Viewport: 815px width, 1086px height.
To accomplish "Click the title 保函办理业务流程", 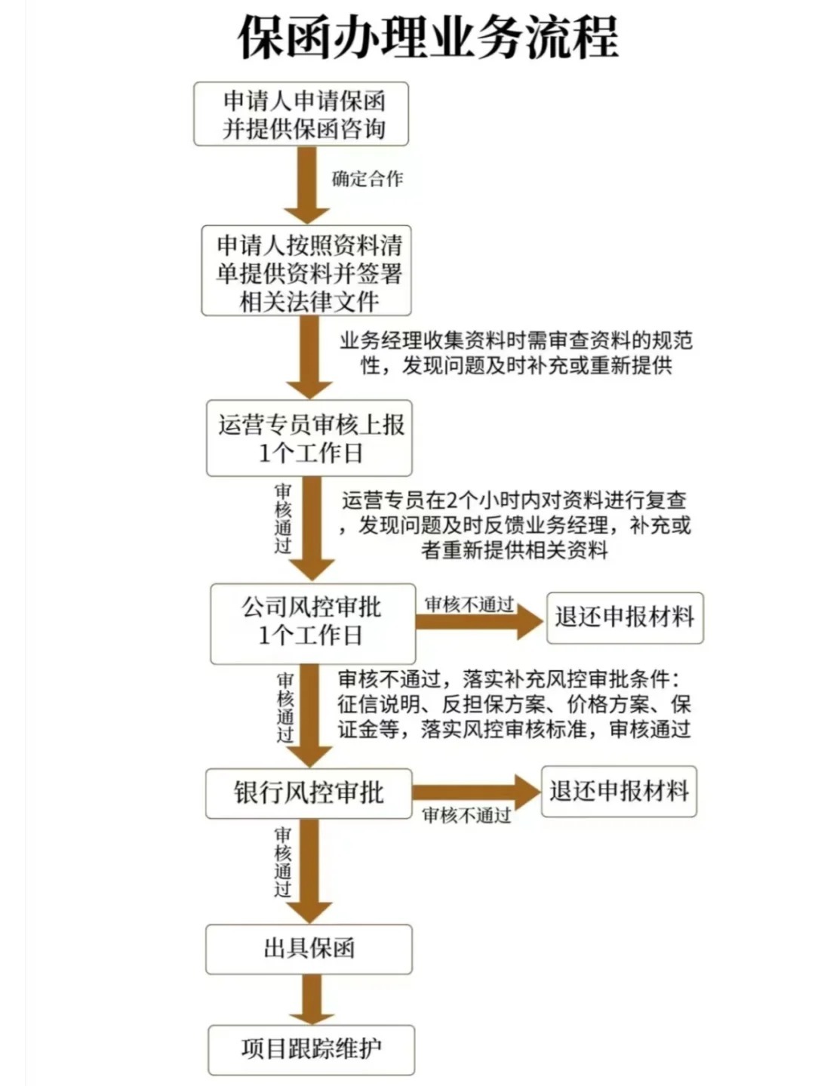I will click(x=428, y=36).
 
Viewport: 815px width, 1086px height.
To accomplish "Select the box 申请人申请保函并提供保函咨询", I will click(x=301, y=114).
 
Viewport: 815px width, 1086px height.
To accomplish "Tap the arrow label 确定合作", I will click(x=368, y=179).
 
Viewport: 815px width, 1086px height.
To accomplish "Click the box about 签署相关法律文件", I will click(x=306, y=271).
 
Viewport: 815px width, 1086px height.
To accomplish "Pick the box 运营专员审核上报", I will click(x=309, y=438).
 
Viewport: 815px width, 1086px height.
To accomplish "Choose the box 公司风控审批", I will click(x=312, y=623).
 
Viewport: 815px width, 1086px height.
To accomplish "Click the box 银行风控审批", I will click(x=309, y=793).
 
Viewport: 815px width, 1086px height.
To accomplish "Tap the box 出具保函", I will click(x=309, y=949).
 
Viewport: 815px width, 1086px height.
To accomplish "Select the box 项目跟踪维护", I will click(x=311, y=1049).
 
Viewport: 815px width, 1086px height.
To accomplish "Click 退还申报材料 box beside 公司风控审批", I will click(x=625, y=617).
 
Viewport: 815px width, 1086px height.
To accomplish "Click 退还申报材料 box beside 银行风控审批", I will click(x=619, y=792).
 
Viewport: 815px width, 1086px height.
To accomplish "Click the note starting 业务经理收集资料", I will click(x=516, y=353).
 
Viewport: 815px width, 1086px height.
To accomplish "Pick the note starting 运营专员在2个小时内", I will click(x=515, y=525).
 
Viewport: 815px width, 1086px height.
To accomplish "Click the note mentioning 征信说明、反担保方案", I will click(x=514, y=703).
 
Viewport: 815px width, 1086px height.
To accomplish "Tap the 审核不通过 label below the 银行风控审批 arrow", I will click(x=466, y=815).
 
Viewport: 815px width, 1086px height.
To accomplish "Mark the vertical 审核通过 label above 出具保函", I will click(x=283, y=862).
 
